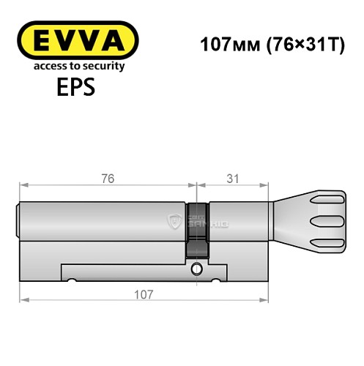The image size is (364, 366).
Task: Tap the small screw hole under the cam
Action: click(x=196, y=272)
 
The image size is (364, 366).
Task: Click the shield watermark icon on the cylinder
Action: click(x=174, y=221)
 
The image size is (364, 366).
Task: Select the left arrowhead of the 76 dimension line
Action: click(x=23, y=186)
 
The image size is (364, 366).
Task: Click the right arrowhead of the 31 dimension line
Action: click(x=268, y=186)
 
